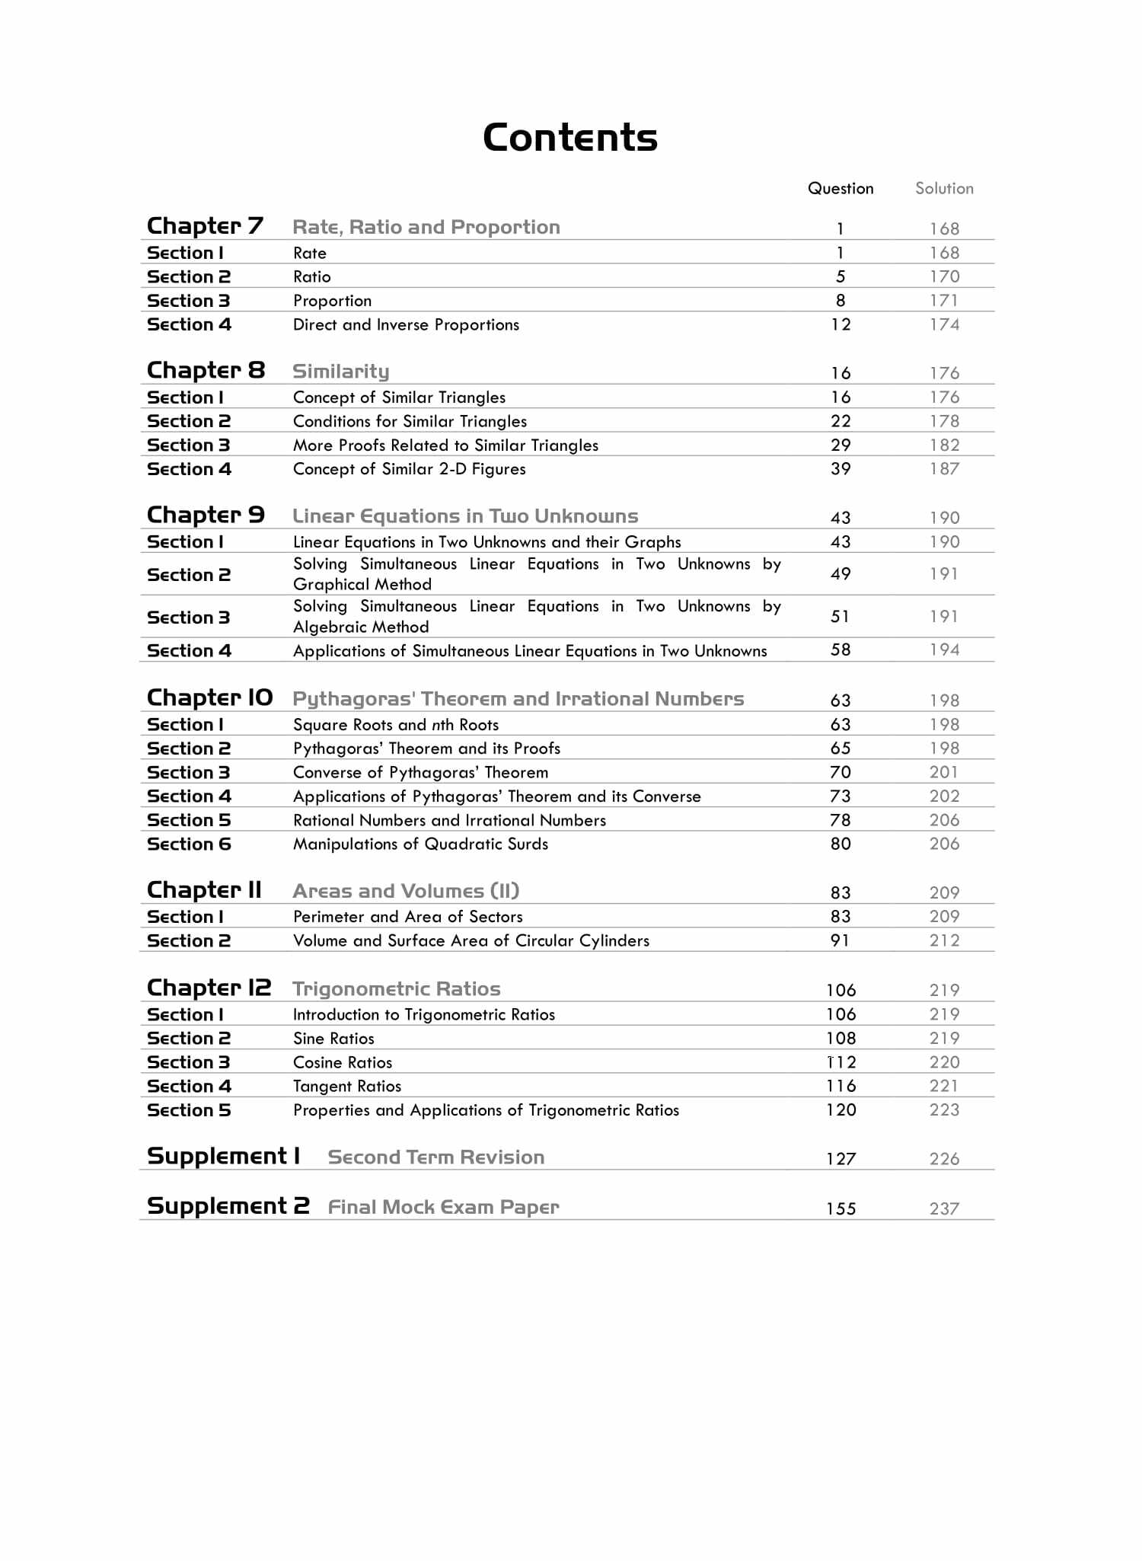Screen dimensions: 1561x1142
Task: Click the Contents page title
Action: [x=570, y=138]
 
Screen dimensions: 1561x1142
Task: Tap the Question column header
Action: [x=841, y=189]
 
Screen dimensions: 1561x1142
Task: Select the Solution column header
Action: [x=944, y=189]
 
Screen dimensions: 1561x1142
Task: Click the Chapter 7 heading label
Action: [x=205, y=226]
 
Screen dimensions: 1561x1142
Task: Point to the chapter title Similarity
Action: [x=340, y=372]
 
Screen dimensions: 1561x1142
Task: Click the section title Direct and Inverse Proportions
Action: [x=406, y=325]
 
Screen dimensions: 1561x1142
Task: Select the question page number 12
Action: [x=841, y=325]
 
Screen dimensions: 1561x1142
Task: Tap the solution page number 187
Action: [x=944, y=469]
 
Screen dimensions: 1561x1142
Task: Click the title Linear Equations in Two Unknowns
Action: [x=465, y=516]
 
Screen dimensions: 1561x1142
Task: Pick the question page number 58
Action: [x=841, y=650]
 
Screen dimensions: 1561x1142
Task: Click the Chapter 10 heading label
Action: [x=209, y=698]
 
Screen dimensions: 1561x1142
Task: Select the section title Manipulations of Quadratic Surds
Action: [x=420, y=844]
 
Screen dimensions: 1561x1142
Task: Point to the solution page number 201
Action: [x=944, y=773]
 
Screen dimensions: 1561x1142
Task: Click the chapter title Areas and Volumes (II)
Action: [x=406, y=891]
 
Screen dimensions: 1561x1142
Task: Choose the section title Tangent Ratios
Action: [x=347, y=1087]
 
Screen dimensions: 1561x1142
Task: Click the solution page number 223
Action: [x=944, y=1110]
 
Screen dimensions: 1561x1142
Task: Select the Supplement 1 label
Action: [x=224, y=1157]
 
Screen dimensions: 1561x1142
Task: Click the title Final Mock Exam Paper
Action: [x=443, y=1208]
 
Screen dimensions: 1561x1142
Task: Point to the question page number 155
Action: [x=841, y=1209]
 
